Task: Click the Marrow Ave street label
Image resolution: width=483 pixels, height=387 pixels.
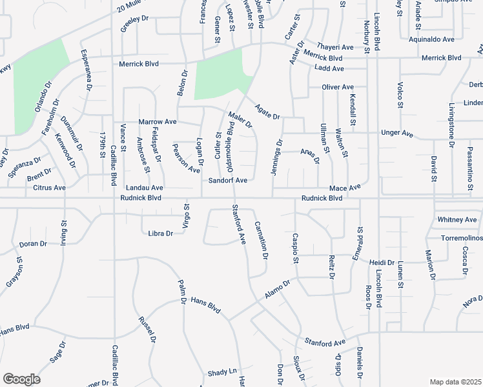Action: [158, 121]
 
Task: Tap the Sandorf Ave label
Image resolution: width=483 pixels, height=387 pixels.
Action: [228, 181]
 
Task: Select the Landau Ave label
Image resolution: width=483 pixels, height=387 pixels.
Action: [145, 188]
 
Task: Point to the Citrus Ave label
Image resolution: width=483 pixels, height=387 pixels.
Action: [49, 188]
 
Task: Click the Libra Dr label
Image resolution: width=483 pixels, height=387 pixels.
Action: [161, 233]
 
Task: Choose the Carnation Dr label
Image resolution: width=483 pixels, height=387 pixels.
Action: [262, 239]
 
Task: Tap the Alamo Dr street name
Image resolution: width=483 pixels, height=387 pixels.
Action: [278, 289]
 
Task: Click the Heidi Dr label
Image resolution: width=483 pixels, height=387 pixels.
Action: [382, 263]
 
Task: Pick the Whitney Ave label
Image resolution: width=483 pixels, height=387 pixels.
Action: [457, 219]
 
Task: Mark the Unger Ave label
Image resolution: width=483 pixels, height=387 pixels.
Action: [397, 133]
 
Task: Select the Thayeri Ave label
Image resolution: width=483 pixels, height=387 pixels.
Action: [338, 47]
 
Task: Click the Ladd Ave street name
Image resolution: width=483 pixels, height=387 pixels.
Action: [329, 68]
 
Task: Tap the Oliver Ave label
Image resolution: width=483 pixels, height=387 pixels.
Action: [338, 87]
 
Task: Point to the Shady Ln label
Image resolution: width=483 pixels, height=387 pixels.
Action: [222, 373]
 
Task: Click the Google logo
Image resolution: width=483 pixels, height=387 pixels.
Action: [21, 379]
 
